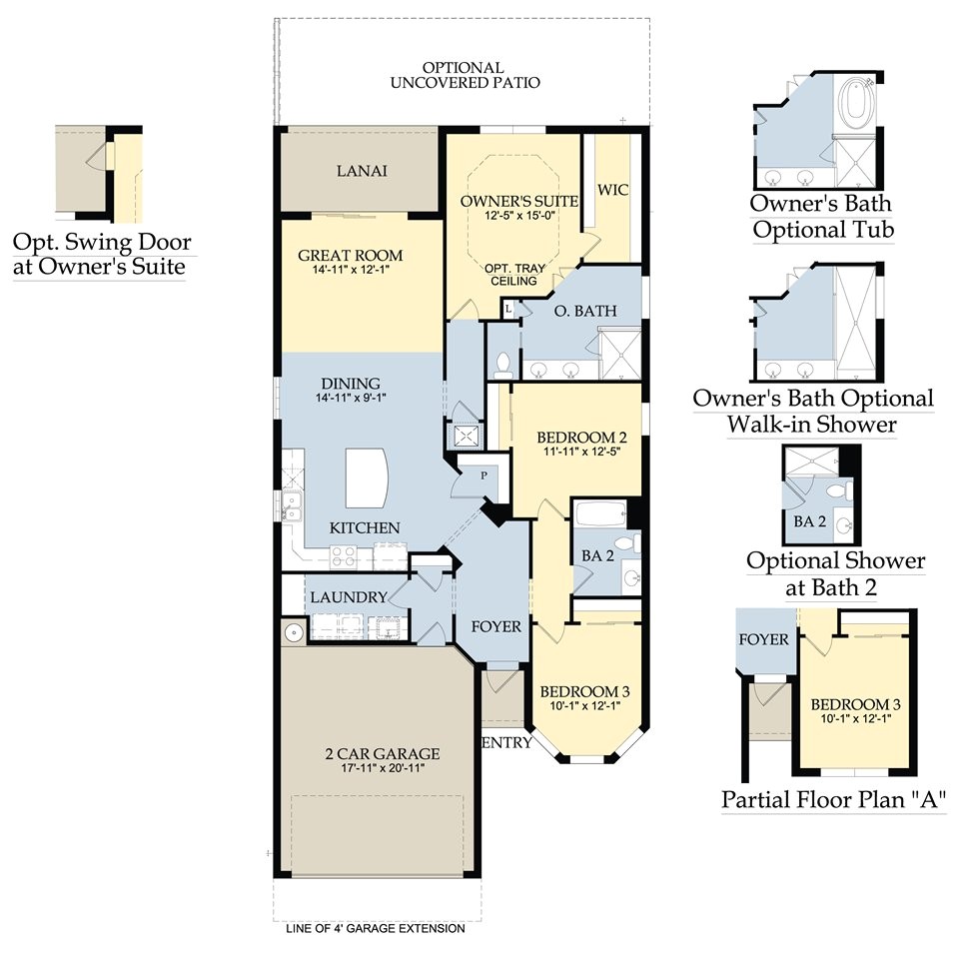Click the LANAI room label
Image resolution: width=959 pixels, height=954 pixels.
(362, 171)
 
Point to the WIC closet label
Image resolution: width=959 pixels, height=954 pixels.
(611, 190)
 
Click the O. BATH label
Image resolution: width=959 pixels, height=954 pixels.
(583, 312)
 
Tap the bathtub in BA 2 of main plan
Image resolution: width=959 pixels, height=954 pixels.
(600, 514)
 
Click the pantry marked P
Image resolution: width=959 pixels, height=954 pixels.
(483, 477)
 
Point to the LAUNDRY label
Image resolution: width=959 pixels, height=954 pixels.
(348, 597)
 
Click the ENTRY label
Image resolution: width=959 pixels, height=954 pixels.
(505, 742)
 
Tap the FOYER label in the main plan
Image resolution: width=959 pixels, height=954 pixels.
(496, 627)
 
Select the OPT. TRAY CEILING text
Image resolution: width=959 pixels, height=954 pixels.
(512, 276)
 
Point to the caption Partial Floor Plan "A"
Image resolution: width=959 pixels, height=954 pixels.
(827, 800)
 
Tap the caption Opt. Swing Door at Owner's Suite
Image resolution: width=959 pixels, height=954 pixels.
(101, 255)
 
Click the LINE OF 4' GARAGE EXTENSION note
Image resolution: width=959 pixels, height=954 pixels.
(375, 929)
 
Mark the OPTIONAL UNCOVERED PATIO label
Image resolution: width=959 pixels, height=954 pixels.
(465, 75)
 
